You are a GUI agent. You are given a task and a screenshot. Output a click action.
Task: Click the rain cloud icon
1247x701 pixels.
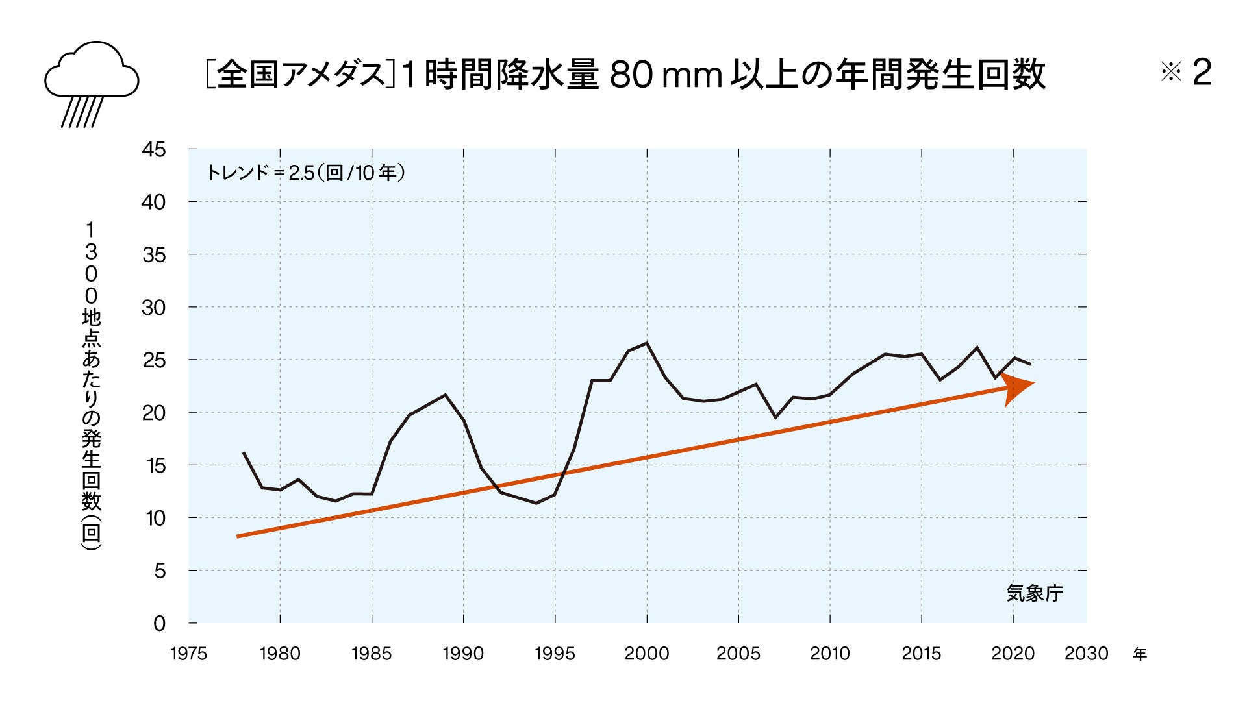tap(92, 82)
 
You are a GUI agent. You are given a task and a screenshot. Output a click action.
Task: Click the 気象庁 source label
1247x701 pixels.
tap(1034, 593)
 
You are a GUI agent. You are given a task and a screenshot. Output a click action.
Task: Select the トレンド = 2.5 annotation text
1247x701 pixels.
tap(305, 173)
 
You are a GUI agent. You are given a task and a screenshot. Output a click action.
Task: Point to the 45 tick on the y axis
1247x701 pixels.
tap(154, 149)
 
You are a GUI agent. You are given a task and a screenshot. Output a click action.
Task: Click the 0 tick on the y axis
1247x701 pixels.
tap(159, 624)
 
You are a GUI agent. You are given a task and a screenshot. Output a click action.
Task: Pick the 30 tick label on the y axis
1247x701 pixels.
tap(154, 308)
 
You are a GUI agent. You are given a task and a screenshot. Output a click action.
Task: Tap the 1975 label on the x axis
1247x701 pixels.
tap(188, 654)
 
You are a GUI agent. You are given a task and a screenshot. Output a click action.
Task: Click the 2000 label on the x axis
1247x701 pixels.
tap(646, 654)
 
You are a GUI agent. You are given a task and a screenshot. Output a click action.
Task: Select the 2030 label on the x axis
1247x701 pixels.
tap(1086, 654)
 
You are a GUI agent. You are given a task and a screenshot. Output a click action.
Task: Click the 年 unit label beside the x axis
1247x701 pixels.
tap(1140, 654)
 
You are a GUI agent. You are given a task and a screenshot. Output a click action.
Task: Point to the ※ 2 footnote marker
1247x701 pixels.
tap(1186, 73)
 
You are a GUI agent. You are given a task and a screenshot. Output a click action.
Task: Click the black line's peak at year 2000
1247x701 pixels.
tap(647, 343)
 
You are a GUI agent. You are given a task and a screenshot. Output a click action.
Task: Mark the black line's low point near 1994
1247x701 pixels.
tap(536, 503)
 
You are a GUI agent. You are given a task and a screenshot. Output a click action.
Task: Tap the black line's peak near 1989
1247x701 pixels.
tap(445, 395)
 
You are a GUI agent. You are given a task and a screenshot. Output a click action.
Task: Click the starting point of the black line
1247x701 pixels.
tap(244, 452)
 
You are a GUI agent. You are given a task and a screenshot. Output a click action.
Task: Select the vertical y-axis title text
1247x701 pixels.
tap(91, 386)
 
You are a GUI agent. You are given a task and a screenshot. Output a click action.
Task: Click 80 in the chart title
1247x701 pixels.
tap(631, 74)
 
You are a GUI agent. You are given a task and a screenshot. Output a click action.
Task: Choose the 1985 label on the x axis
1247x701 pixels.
tap(372, 654)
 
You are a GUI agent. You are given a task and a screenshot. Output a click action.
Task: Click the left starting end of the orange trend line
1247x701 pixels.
tap(238, 537)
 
